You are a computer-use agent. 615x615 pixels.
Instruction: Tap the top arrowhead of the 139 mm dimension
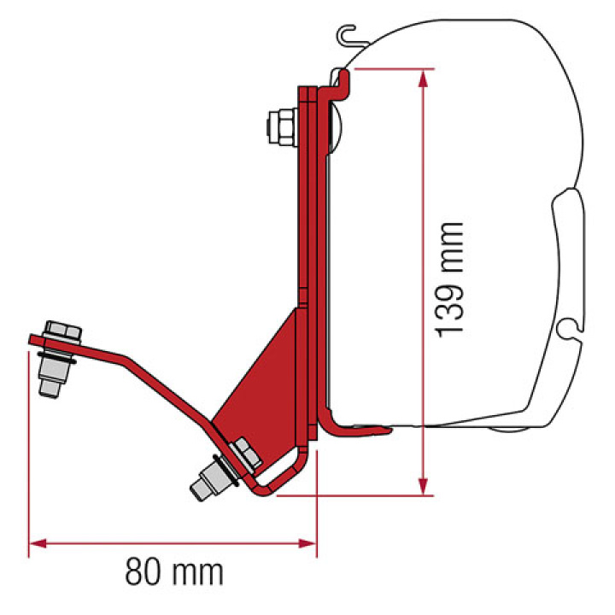[x=422, y=78]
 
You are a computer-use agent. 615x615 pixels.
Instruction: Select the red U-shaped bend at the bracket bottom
[x=282, y=478]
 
